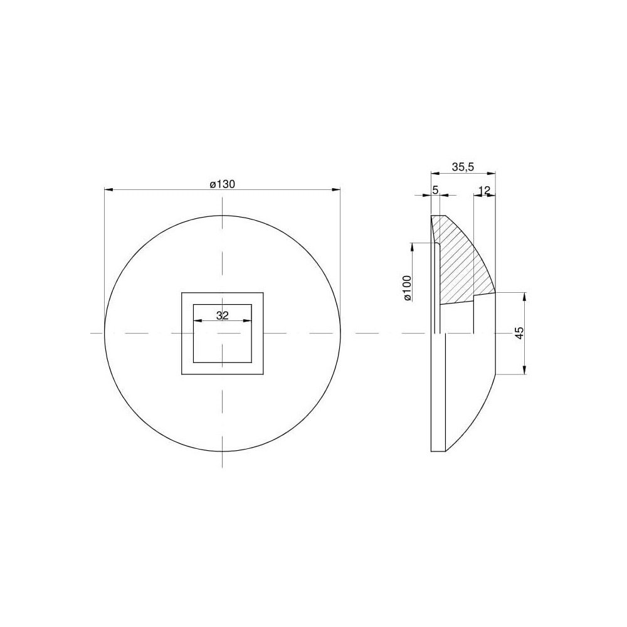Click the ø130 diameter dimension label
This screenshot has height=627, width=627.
[x=223, y=184]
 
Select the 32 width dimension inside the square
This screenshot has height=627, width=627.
[x=223, y=315]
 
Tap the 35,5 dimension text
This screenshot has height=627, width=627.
[x=463, y=167]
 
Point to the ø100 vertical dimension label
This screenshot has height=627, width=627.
[x=407, y=288]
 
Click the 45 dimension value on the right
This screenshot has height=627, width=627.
[x=519, y=333]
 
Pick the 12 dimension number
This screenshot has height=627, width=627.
[x=484, y=191]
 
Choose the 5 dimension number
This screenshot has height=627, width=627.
[x=436, y=191]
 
